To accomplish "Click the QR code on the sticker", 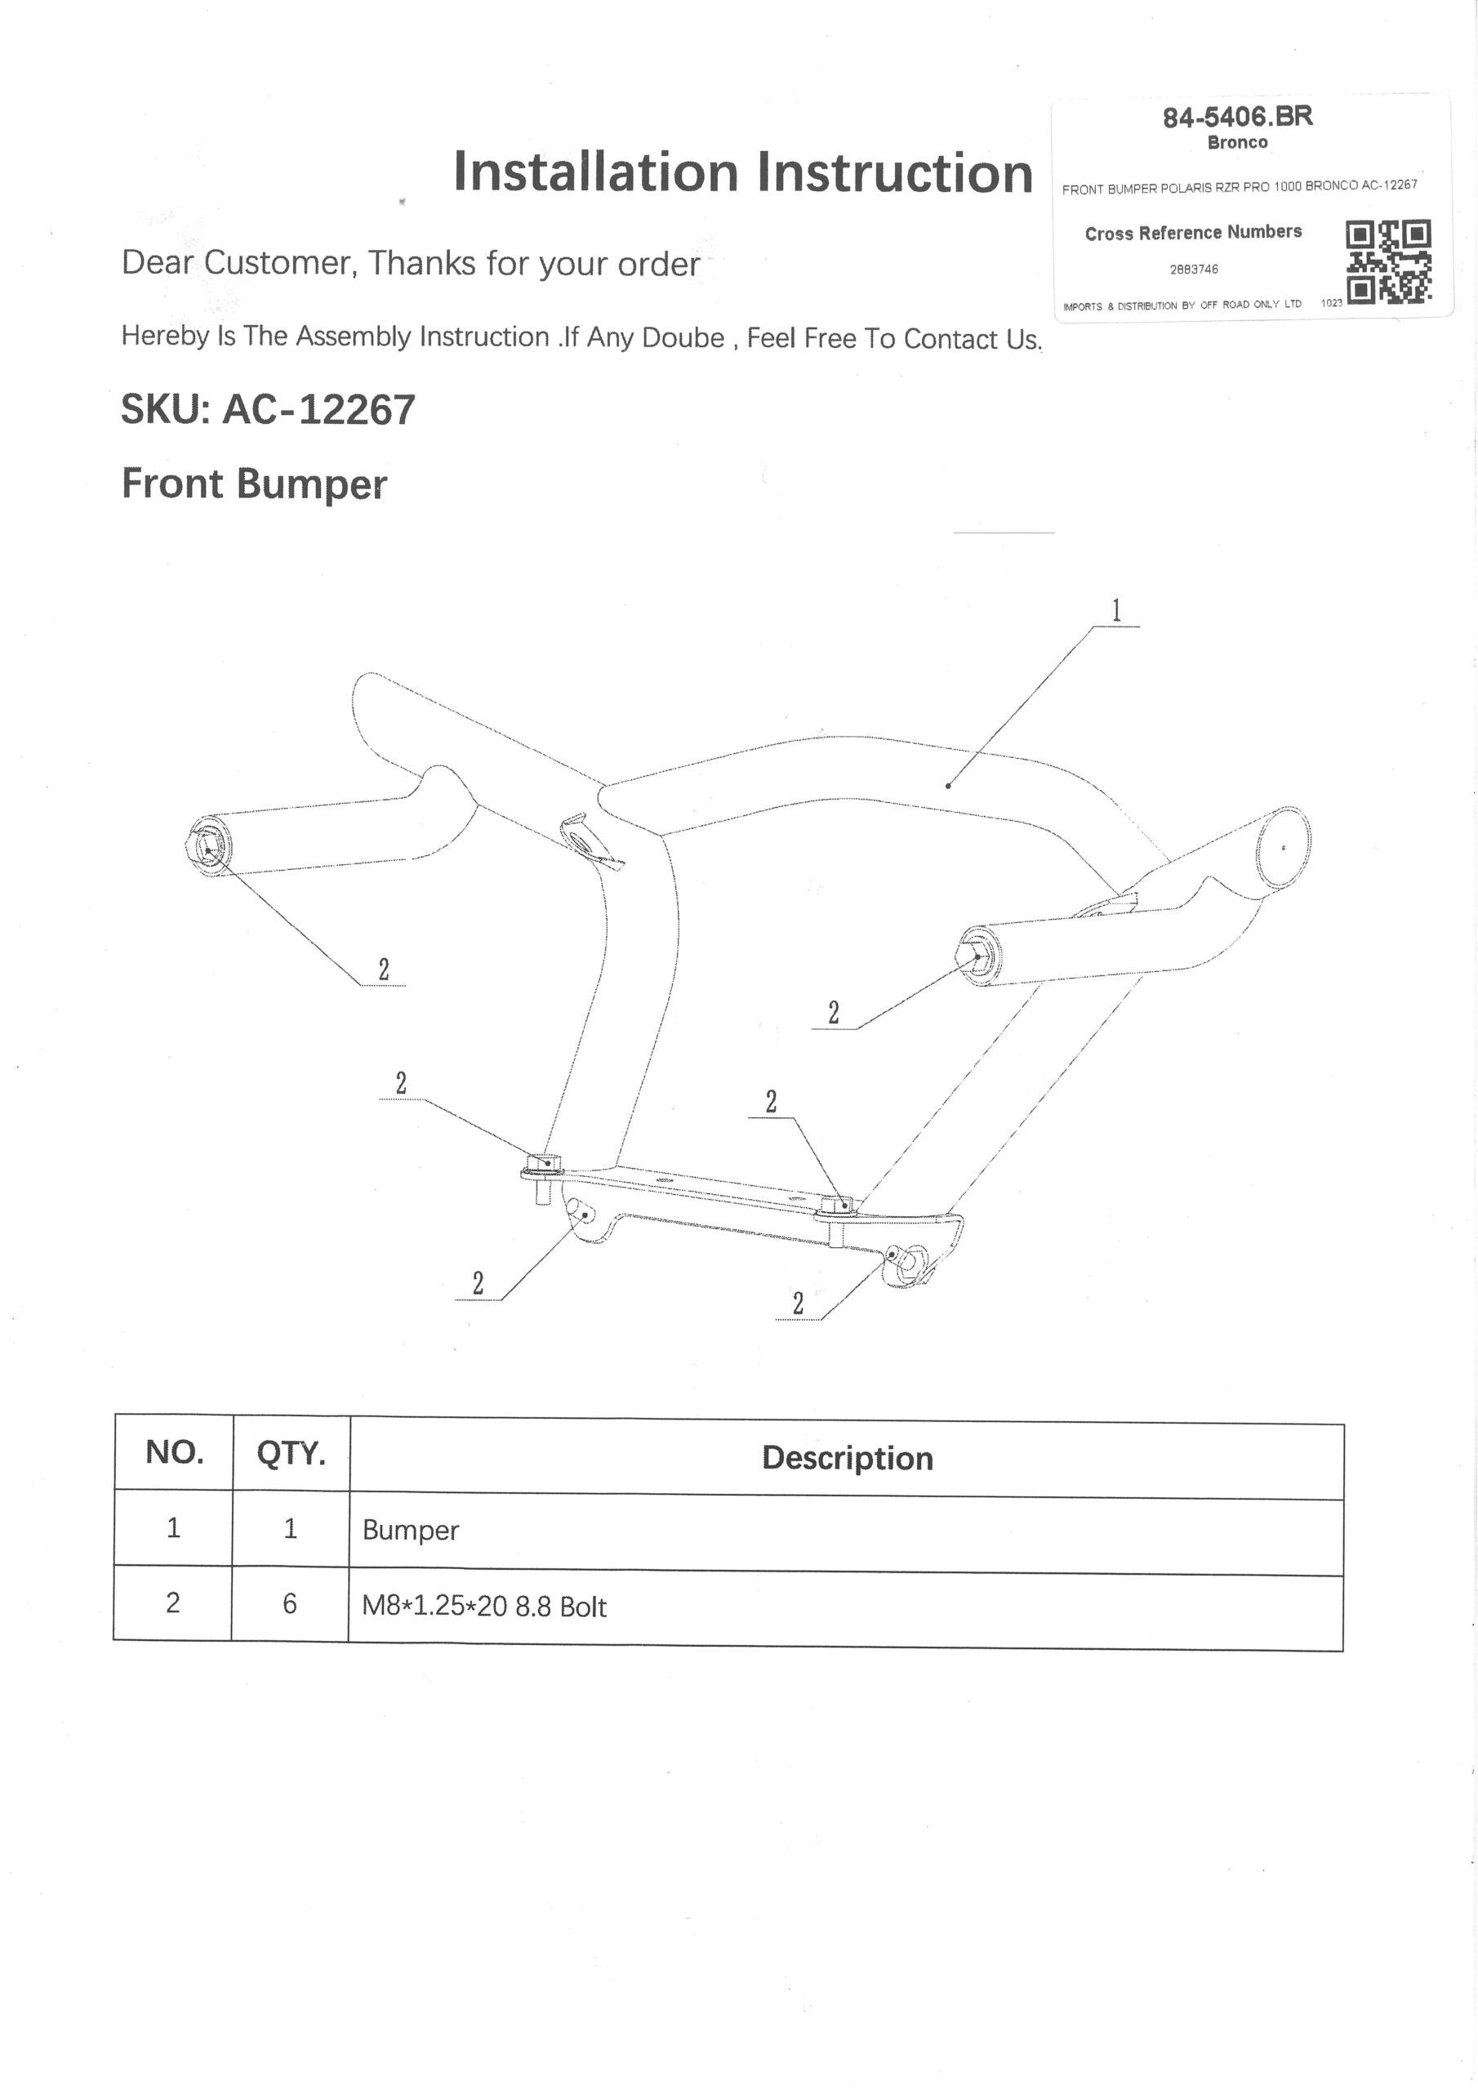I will [x=1388, y=261].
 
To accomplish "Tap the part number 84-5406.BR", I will [x=1238, y=118].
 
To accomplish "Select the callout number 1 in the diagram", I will [x=1116, y=610].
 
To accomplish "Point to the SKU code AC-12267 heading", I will [x=318, y=410].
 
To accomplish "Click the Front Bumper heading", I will [x=254, y=484].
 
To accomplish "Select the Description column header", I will [x=847, y=1458].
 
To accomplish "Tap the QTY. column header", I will [x=291, y=1454].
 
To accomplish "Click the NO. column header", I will [x=174, y=1451].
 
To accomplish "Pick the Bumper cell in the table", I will [x=411, y=1530].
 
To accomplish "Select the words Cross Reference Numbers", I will [x=1193, y=233].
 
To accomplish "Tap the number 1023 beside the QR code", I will [x=1331, y=303].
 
